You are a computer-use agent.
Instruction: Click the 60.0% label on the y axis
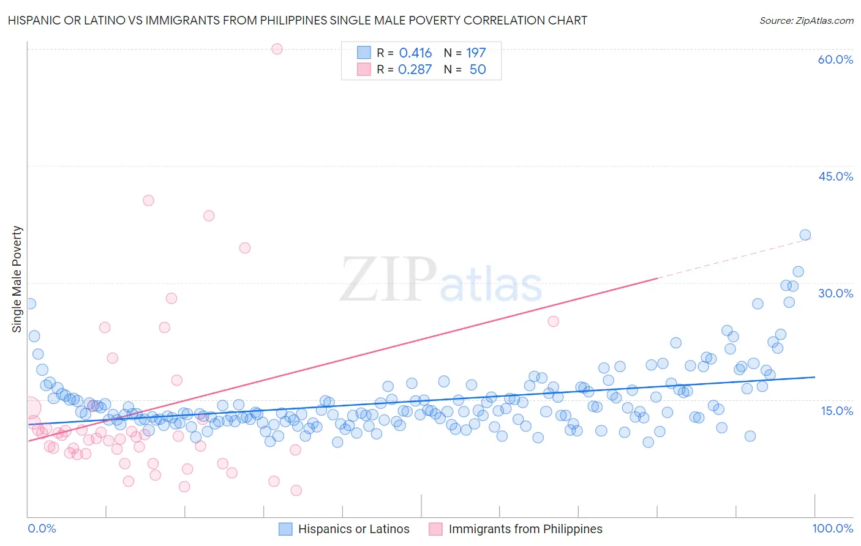point(835,59)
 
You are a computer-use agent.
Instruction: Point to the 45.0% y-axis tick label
point(835,176)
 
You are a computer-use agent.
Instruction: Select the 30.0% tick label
point(835,293)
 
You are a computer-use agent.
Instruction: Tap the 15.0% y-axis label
point(837,410)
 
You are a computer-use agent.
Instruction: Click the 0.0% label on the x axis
point(42,528)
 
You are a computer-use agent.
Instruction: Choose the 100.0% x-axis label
point(832,528)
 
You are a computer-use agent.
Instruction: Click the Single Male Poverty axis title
point(17,279)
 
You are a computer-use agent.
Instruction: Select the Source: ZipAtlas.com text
point(806,20)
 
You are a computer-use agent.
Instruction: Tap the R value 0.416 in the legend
point(415,53)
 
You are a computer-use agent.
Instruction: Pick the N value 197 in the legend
point(476,53)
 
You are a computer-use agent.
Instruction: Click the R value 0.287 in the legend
point(415,69)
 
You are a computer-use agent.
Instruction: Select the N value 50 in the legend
point(478,69)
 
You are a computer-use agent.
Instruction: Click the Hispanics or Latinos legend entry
point(353,529)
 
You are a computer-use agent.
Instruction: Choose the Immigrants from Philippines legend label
point(525,529)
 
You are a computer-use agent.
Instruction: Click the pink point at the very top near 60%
point(277,49)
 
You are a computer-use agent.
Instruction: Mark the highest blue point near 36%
point(805,235)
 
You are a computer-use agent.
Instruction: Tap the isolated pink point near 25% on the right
point(553,321)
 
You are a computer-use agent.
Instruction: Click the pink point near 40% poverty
point(148,200)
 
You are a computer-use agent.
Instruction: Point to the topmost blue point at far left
point(30,304)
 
